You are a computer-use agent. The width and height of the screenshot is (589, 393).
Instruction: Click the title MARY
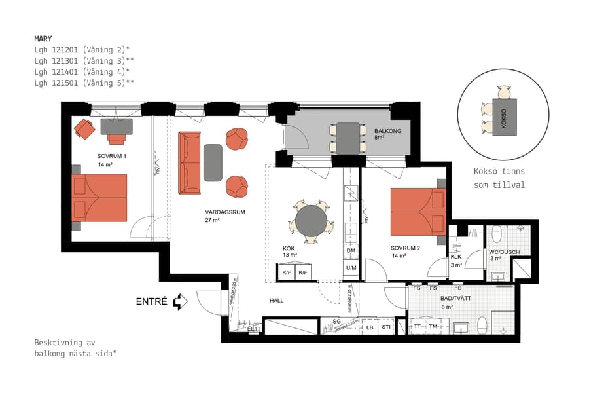(x=43, y=39)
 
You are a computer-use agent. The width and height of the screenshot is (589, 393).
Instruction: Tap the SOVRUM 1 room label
(x=111, y=156)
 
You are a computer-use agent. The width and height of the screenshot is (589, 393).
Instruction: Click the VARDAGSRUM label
(x=224, y=212)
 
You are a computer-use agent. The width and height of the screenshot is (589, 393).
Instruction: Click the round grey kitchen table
(x=310, y=221)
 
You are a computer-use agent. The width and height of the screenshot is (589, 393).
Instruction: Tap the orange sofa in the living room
(x=190, y=162)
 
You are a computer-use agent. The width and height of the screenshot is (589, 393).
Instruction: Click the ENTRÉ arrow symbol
(x=180, y=302)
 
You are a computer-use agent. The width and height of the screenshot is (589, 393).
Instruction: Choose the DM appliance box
(x=351, y=251)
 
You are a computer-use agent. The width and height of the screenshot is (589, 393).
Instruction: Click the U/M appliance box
(x=351, y=267)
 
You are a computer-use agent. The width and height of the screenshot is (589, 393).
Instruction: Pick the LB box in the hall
(x=370, y=327)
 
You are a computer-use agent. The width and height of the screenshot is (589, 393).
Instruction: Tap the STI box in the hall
(x=386, y=327)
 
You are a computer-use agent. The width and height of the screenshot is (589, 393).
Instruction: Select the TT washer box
(x=417, y=326)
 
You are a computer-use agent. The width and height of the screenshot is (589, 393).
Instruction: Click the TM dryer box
(x=433, y=326)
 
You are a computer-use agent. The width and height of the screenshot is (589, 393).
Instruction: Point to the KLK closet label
(x=456, y=257)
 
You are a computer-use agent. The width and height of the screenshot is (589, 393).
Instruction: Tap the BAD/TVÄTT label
(x=457, y=298)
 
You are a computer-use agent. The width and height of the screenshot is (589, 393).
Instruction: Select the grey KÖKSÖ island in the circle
(x=504, y=117)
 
